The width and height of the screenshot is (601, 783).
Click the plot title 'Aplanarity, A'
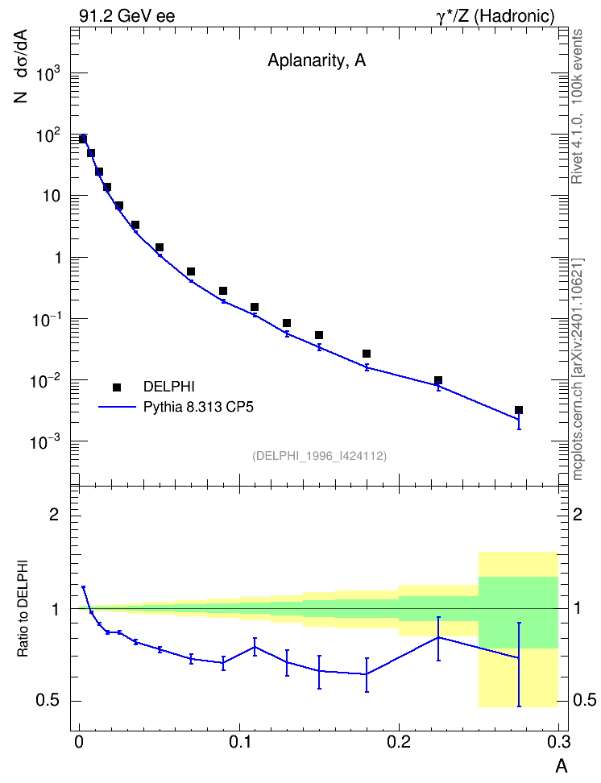point(317,60)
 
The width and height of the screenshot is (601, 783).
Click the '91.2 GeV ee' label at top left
point(127,16)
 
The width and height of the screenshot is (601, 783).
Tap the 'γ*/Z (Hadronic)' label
point(495,16)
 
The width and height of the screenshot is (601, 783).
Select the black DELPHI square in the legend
point(117,387)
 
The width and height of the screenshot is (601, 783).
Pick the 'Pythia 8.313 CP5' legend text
point(198,408)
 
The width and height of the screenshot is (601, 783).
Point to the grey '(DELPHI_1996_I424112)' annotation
point(320,456)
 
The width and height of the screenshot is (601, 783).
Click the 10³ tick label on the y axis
point(48,73)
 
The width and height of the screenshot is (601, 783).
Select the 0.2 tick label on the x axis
point(399,742)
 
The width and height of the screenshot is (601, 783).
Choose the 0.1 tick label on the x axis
point(239,742)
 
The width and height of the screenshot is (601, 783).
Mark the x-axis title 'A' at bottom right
point(561,766)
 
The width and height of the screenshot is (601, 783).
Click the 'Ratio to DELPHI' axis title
point(23,608)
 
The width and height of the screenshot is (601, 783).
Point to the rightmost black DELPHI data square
point(519,410)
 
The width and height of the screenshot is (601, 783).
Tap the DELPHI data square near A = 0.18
point(367,354)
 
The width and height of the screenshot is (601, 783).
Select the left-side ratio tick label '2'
point(53,515)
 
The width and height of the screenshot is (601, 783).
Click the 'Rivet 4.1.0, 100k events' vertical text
point(577,106)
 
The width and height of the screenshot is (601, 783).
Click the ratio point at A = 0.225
point(438,637)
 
